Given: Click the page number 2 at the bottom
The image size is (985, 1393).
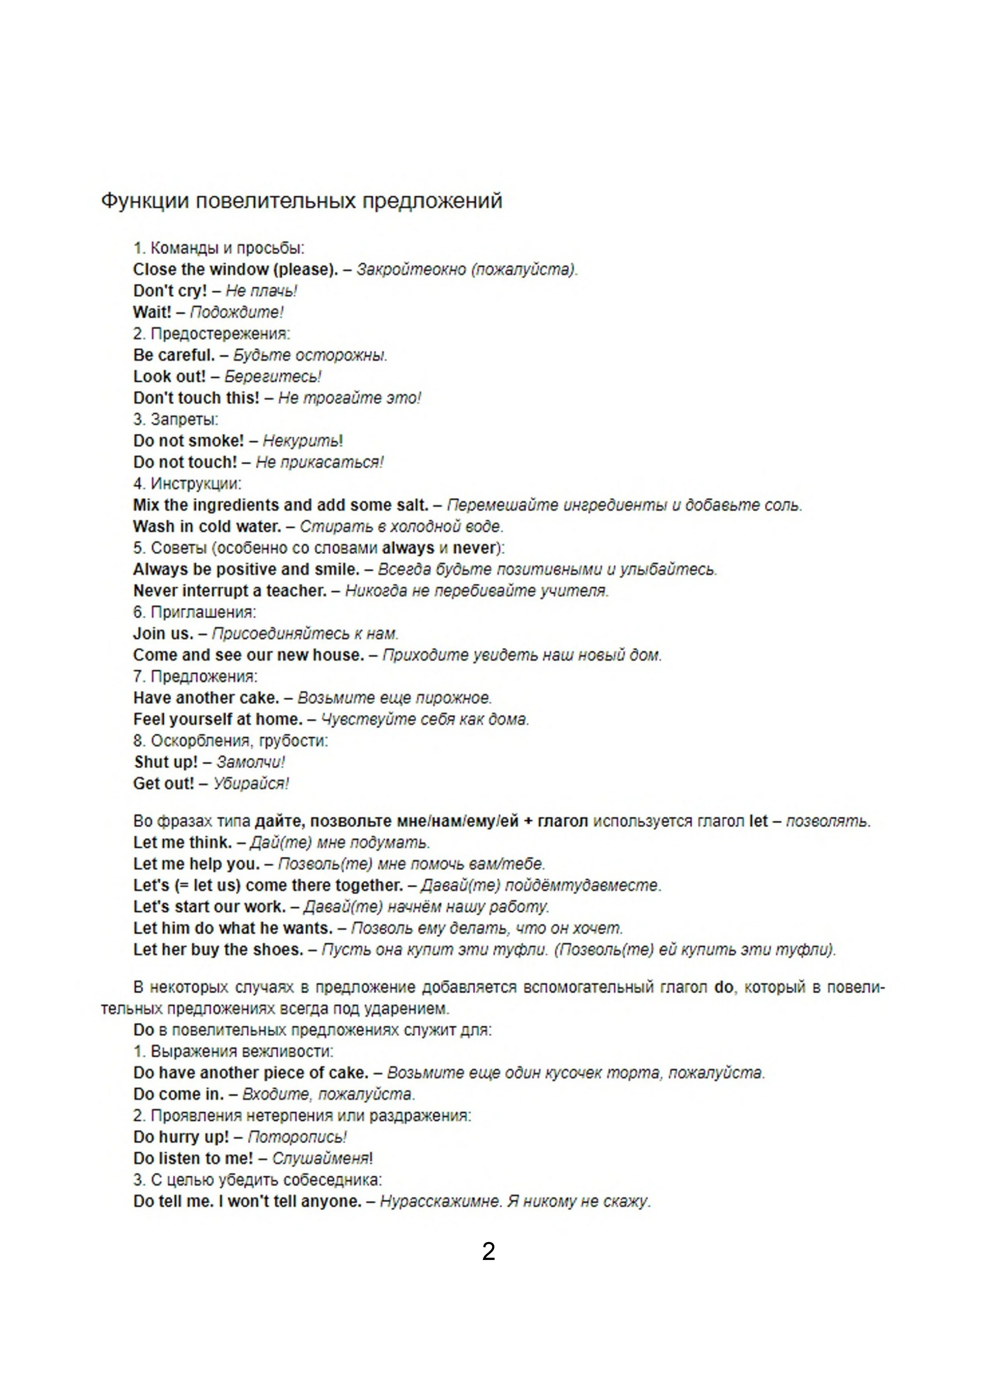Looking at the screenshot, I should click(x=489, y=1252).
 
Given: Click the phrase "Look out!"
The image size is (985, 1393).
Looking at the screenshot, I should click(x=169, y=376).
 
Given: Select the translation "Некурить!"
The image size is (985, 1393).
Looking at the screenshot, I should click(x=302, y=441).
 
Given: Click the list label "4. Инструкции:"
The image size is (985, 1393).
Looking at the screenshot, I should click(x=187, y=483).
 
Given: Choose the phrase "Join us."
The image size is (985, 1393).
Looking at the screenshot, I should click(x=163, y=633).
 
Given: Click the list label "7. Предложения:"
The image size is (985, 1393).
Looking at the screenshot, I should click(x=195, y=677).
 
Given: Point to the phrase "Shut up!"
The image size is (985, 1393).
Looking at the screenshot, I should click(x=166, y=762).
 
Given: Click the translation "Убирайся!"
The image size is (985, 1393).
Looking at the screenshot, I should click(x=250, y=783).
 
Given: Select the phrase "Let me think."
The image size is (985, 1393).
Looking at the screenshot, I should click(x=182, y=842).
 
